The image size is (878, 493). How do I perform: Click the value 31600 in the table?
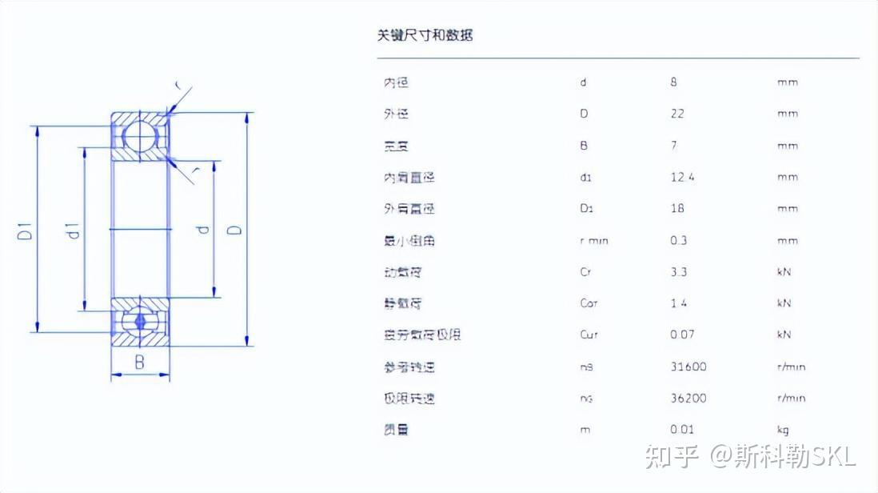pos(688,367)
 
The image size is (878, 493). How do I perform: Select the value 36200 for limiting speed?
pos(688,398)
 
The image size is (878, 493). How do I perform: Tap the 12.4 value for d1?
pos(682,177)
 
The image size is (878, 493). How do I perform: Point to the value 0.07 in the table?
pos(682,335)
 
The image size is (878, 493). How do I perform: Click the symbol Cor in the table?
pos(589,303)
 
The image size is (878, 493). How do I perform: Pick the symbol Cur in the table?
pos(589,335)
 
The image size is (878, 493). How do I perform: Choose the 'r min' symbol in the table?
pos(593,240)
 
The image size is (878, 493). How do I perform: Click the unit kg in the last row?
pos(783,430)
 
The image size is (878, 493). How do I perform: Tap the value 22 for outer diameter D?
pos(677,114)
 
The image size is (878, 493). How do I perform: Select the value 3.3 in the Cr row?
pos(679,272)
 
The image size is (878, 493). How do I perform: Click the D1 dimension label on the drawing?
pos(25,232)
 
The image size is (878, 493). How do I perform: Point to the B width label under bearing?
pos(139,362)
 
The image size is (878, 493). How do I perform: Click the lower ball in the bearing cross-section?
pos(141,319)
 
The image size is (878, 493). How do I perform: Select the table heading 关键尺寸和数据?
pos(425,35)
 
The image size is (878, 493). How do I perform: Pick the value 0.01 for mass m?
pos(682,430)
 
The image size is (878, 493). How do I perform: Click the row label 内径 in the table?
pos(396,82)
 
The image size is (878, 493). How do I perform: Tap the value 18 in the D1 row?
pos(677,209)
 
